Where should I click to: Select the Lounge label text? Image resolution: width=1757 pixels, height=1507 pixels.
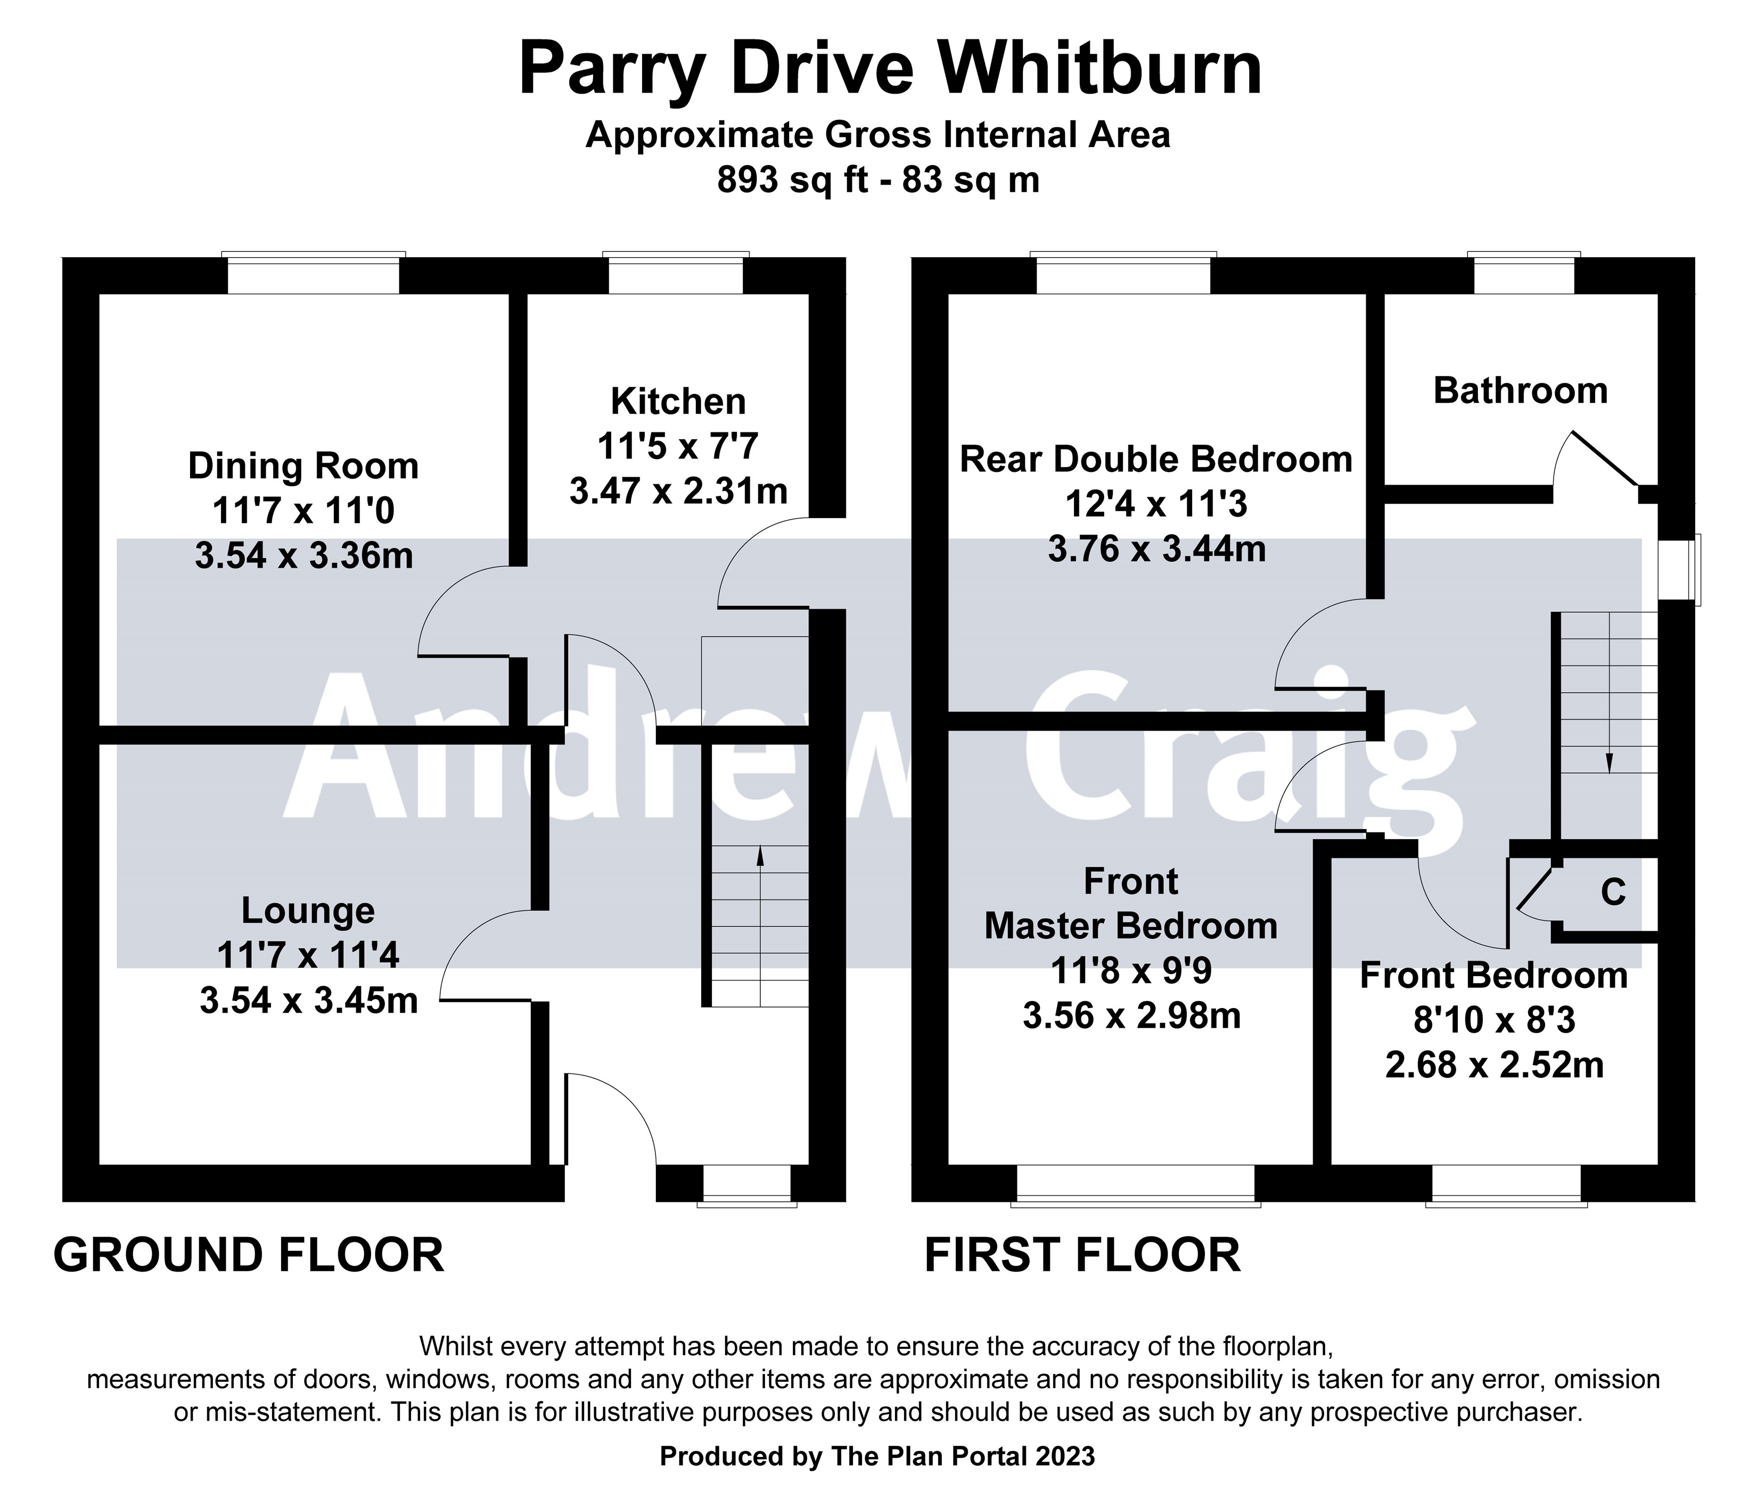point(308,911)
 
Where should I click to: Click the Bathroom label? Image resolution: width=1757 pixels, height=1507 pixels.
point(1521,391)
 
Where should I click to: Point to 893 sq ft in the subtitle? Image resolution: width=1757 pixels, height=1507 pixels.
point(792,180)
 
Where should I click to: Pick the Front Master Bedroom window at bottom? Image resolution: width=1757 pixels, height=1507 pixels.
point(1136,1184)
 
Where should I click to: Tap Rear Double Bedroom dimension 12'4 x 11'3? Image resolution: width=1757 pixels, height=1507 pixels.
point(1156,505)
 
